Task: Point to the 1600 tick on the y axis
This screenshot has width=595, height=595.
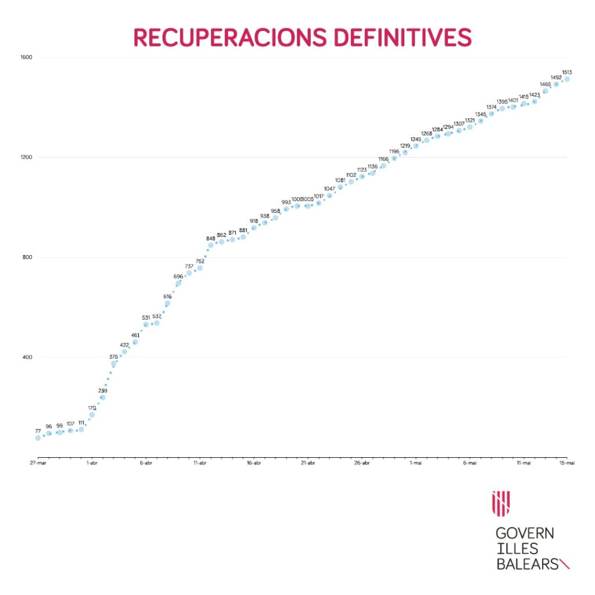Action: click(x=27, y=57)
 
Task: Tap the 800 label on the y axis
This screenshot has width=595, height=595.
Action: click(x=27, y=257)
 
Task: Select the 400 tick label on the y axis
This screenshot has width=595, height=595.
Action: click(x=27, y=357)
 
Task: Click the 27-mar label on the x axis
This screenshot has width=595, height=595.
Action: click(x=38, y=463)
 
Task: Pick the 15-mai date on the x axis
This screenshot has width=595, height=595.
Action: click(x=567, y=463)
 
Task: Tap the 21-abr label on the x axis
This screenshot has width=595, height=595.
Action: click(x=307, y=463)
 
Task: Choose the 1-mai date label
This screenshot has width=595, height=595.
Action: click(x=415, y=463)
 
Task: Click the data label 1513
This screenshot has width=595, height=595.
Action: click(x=567, y=72)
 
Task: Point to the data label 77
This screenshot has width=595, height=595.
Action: click(x=38, y=431)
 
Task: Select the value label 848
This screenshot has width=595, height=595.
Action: click(x=210, y=238)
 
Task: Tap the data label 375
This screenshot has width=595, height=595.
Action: click(x=113, y=357)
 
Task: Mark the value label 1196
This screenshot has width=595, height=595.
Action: click(x=394, y=151)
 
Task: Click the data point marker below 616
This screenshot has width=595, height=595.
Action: click(x=167, y=303)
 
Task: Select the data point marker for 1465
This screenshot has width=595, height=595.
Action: click(x=545, y=91)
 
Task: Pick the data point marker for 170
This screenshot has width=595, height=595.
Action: click(x=92, y=415)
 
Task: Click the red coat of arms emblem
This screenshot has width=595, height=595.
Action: click(x=501, y=503)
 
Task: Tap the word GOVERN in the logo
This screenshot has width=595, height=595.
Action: click(x=524, y=533)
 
